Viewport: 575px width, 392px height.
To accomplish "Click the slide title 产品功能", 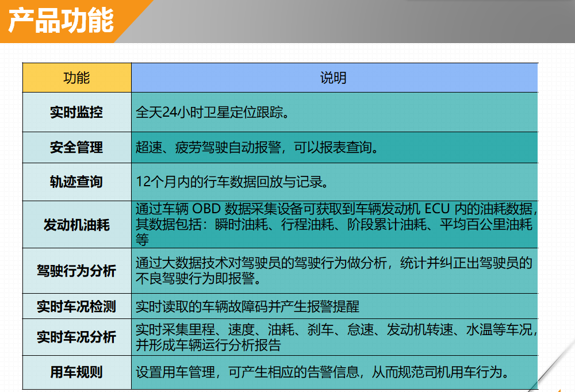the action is tap(61, 21).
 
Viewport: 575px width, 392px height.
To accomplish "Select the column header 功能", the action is tap(76, 78).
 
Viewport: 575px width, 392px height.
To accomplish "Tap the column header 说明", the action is tap(333, 78).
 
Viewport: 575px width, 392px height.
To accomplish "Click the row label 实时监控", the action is tap(76, 112).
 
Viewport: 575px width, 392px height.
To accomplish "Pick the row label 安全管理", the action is tap(76, 147).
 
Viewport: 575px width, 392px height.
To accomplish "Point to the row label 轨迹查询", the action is tap(76, 182).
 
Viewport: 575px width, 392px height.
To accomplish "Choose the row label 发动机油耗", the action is tap(76, 225).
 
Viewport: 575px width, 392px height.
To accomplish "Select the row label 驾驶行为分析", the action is tap(76, 271).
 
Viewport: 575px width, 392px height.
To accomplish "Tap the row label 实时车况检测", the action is tap(76, 306).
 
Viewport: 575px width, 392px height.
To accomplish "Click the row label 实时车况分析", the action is tap(76, 337).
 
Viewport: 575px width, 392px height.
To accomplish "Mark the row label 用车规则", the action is tap(76, 372).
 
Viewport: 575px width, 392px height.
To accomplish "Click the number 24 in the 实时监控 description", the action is tap(170, 112).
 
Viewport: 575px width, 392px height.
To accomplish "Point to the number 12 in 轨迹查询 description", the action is tap(143, 182).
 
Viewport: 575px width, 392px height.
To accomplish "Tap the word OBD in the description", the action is tap(206, 209).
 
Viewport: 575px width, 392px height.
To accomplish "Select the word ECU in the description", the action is tap(437, 209).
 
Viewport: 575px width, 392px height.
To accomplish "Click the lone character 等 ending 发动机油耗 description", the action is tap(142, 240).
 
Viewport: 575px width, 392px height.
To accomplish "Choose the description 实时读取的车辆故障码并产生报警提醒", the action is tap(247, 306).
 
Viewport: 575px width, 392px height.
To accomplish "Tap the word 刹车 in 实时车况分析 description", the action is tap(320, 330).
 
